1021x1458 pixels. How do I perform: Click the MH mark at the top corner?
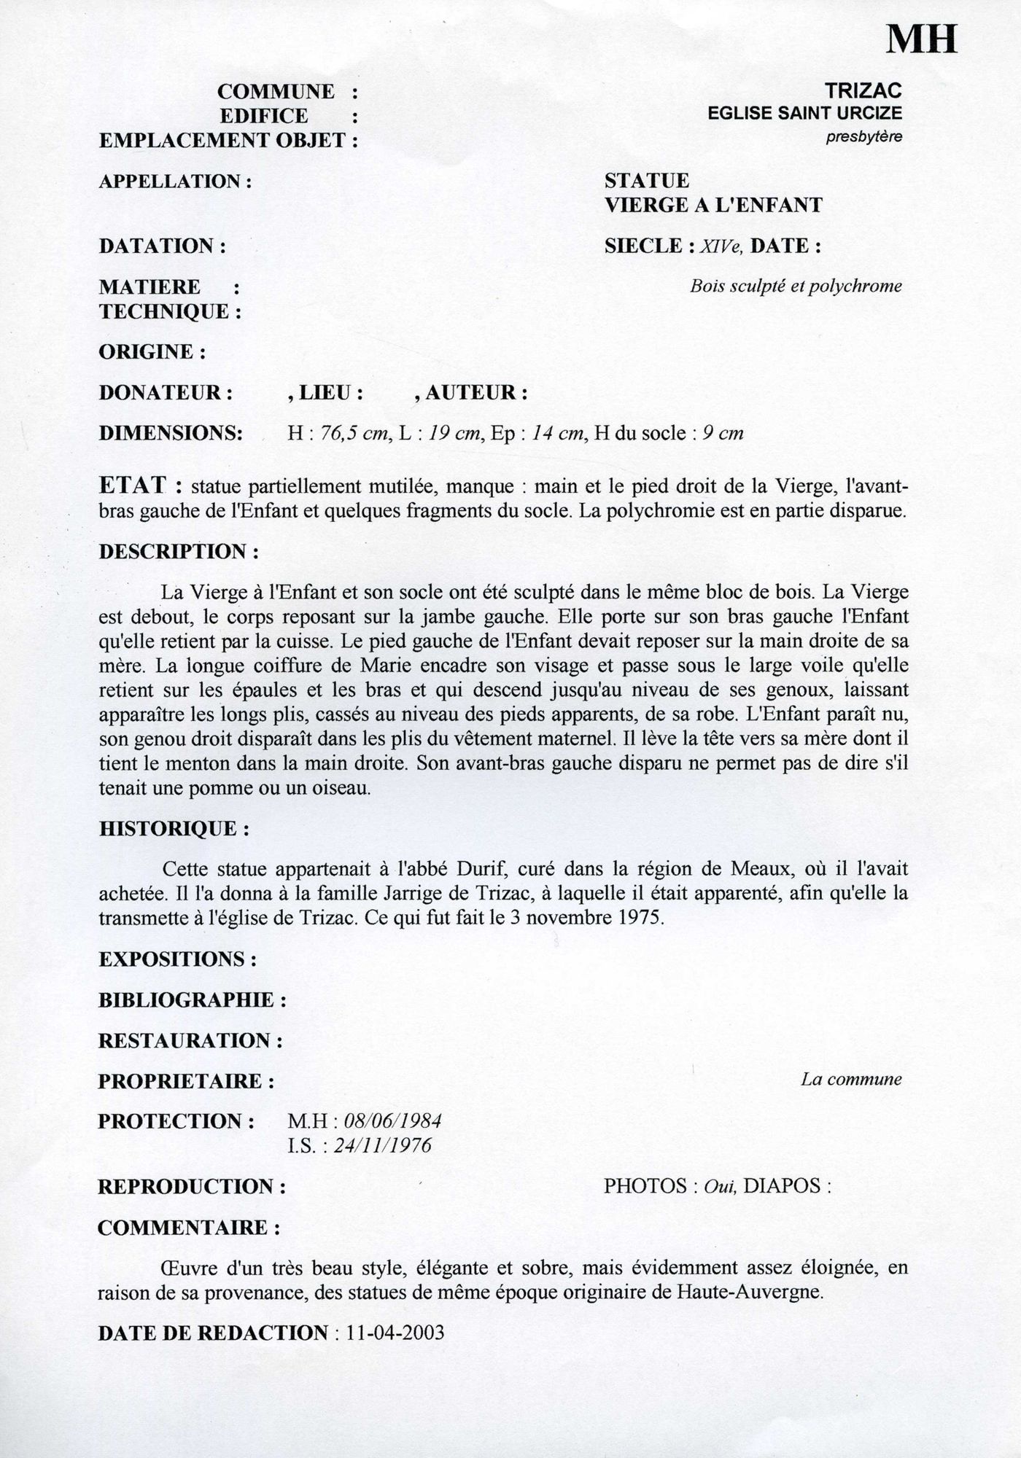click(x=921, y=38)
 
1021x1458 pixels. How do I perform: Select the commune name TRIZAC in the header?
click(x=863, y=90)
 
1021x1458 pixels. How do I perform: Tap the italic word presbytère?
click(x=863, y=136)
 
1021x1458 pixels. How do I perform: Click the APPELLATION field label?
click(x=175, y=181)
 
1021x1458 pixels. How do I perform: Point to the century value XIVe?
click(x=721, y=246)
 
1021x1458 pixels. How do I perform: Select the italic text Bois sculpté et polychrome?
click(x=796, y=286)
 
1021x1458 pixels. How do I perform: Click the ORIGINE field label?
click(x=152, y=352)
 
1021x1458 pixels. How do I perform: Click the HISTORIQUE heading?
click(x=174, y=829)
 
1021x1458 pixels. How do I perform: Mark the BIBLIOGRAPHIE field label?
click(x=192, y=1000)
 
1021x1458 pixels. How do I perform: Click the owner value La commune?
click(x=851, y=1080)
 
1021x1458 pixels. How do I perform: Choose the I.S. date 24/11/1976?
click(x=382, y=1146)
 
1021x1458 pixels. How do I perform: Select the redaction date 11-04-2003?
click(x=396, y=1333)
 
